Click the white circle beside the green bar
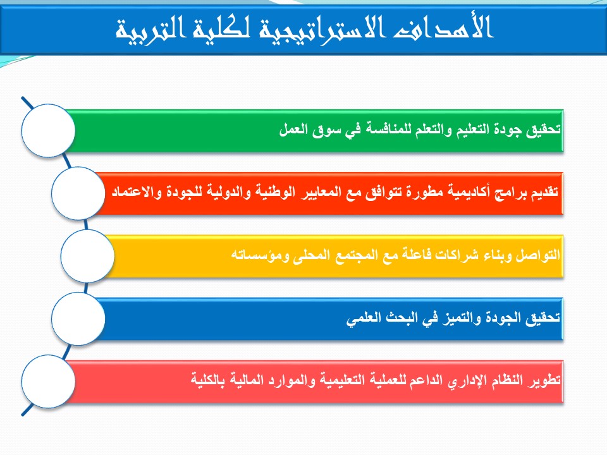(48, 130)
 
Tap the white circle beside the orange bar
(78, 193)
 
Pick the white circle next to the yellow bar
(87, 256)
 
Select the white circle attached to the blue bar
(78, 318)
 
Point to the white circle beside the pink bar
(48, 381)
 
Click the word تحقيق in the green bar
(543, 130)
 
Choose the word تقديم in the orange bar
(544, 192)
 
